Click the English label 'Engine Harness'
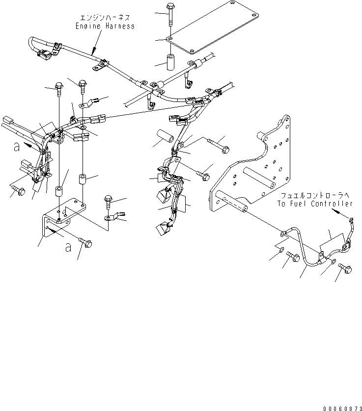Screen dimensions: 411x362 tap(105, 26)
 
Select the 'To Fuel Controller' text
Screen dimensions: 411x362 tap(314, 203)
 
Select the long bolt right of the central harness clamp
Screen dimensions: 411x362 tap(218, 145)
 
